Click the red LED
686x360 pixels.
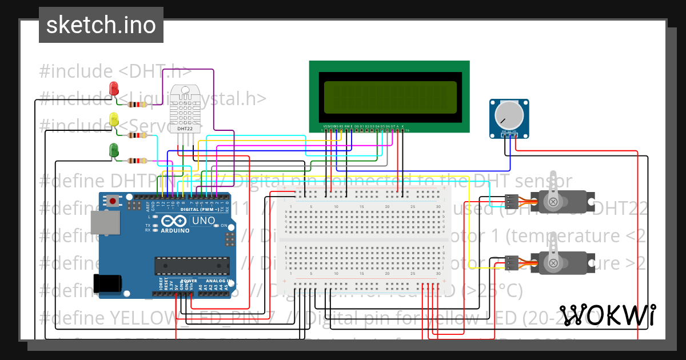(x=114, y=89)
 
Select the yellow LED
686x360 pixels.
(x=114, y=120)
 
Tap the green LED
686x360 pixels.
(x=114, y=151)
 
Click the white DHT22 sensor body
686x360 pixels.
(x=185, y=109)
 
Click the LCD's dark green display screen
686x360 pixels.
(x=390, y=97)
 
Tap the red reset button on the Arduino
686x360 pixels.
(x=113, y=201)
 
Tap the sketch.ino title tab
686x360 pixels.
(x=101, y=25)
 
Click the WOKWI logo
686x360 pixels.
(x=607, y=314)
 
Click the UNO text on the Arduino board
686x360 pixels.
(x=202, y=221)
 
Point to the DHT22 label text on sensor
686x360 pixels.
(x=185, y=129)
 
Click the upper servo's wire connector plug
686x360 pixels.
(x=512, y=201)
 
